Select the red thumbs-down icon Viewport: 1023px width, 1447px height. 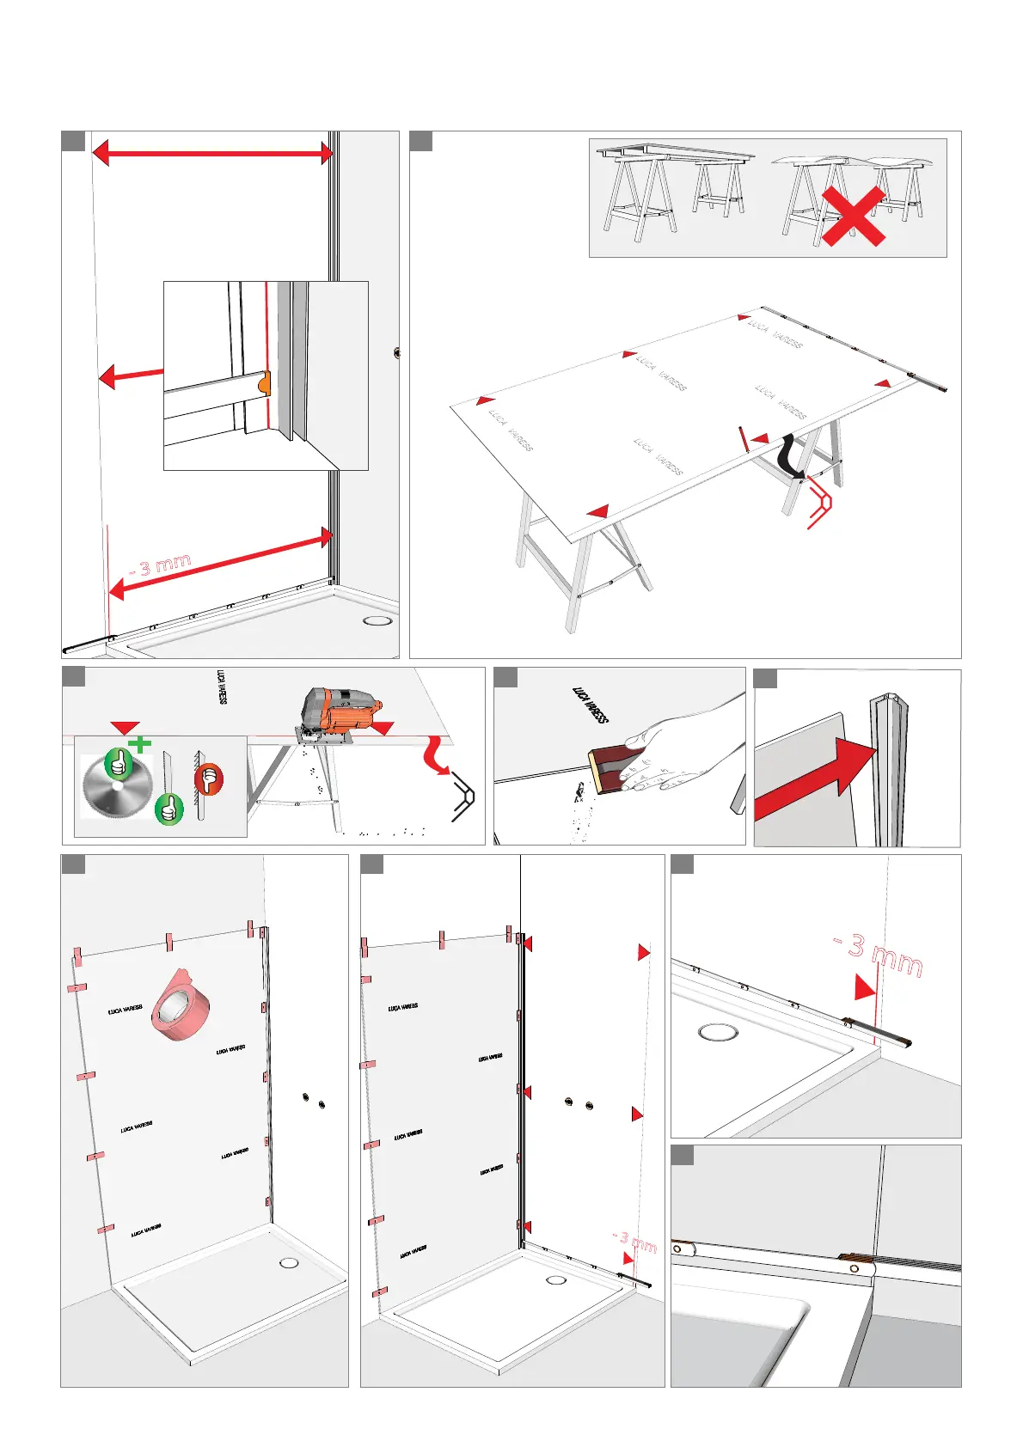pyautogui.click(x=208, y=779)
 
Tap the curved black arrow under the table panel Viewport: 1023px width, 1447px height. pyautogui.click(x=790, y=456)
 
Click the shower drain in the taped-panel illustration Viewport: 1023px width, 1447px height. pyautogui.click(x=289, y=1263)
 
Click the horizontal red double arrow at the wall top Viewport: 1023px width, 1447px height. pyautogui.click(x=211, y=154)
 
